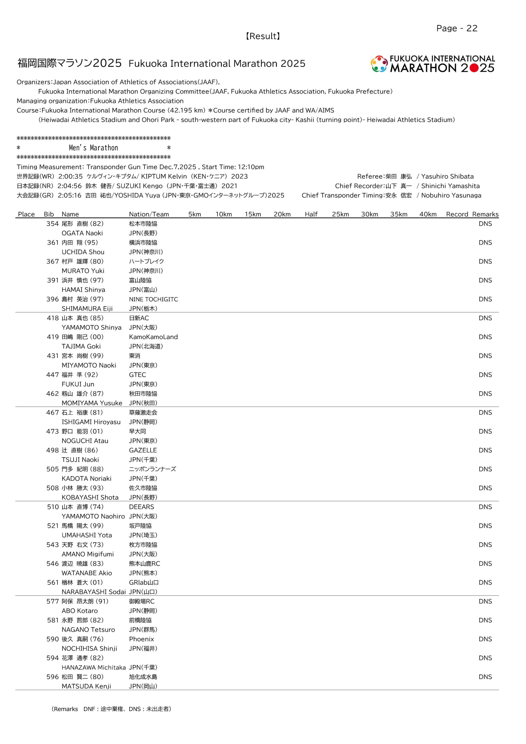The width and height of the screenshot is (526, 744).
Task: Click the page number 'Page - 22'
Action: coord(457,28)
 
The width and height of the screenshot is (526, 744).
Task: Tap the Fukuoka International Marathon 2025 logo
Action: coord(433,64)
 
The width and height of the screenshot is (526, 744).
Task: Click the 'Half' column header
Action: coord(311,214)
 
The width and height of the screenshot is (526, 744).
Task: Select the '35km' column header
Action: coord(399,214)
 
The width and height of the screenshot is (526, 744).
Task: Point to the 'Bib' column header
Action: coord(49,214)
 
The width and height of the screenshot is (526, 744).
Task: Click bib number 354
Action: coord(52,223)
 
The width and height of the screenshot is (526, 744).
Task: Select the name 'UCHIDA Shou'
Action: coord(83,252)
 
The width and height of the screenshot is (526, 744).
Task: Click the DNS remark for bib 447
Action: coord(485,375)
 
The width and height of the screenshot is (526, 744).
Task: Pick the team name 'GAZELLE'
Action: coord(143,450)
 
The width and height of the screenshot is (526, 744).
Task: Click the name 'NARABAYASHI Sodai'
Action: coord(93,592)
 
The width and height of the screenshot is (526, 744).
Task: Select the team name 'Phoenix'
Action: coord(141,639)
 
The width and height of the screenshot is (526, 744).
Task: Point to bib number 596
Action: coord(52,677)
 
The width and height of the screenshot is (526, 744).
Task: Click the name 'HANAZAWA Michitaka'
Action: coord(93,667)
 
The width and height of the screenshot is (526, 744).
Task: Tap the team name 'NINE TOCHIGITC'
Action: coord(154,299)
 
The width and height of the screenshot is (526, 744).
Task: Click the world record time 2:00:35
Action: coord(70,177)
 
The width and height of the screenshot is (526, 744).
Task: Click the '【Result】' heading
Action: coord(263,36)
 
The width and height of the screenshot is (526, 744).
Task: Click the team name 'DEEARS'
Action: coord(141,507)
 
